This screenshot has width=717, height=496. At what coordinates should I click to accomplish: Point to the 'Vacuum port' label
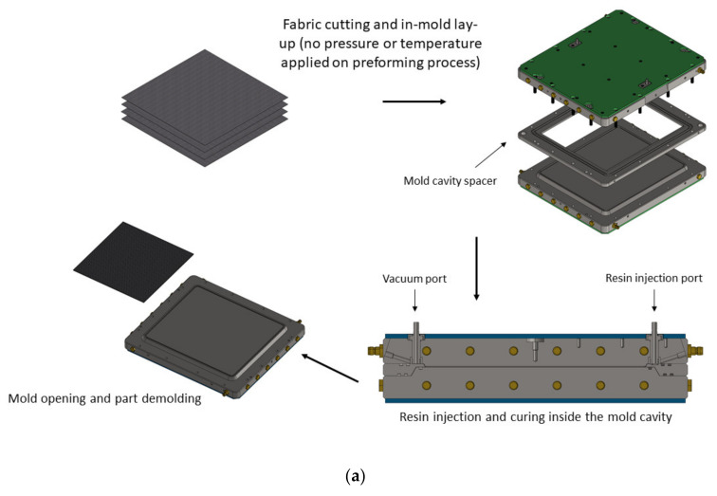[414, 281]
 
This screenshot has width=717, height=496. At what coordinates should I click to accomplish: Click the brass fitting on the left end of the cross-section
[372, 349]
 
